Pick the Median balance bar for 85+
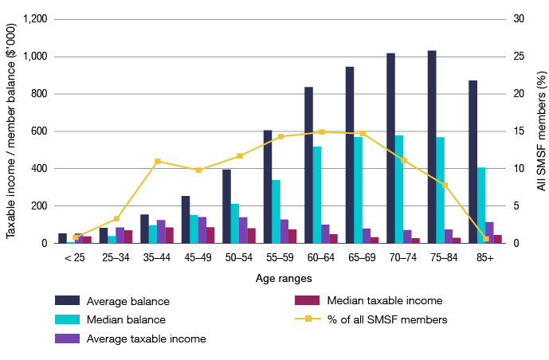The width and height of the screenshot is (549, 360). (x=481, y=205)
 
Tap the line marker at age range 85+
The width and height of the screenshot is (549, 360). (x=486, y=239)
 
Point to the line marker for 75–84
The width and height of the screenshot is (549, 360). (x=445, y=186)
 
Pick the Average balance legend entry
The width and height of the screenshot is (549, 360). (x=112, y=301)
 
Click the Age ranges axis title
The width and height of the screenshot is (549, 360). (x=283, y=279)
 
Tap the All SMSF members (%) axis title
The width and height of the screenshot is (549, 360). (x=541, y=130)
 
